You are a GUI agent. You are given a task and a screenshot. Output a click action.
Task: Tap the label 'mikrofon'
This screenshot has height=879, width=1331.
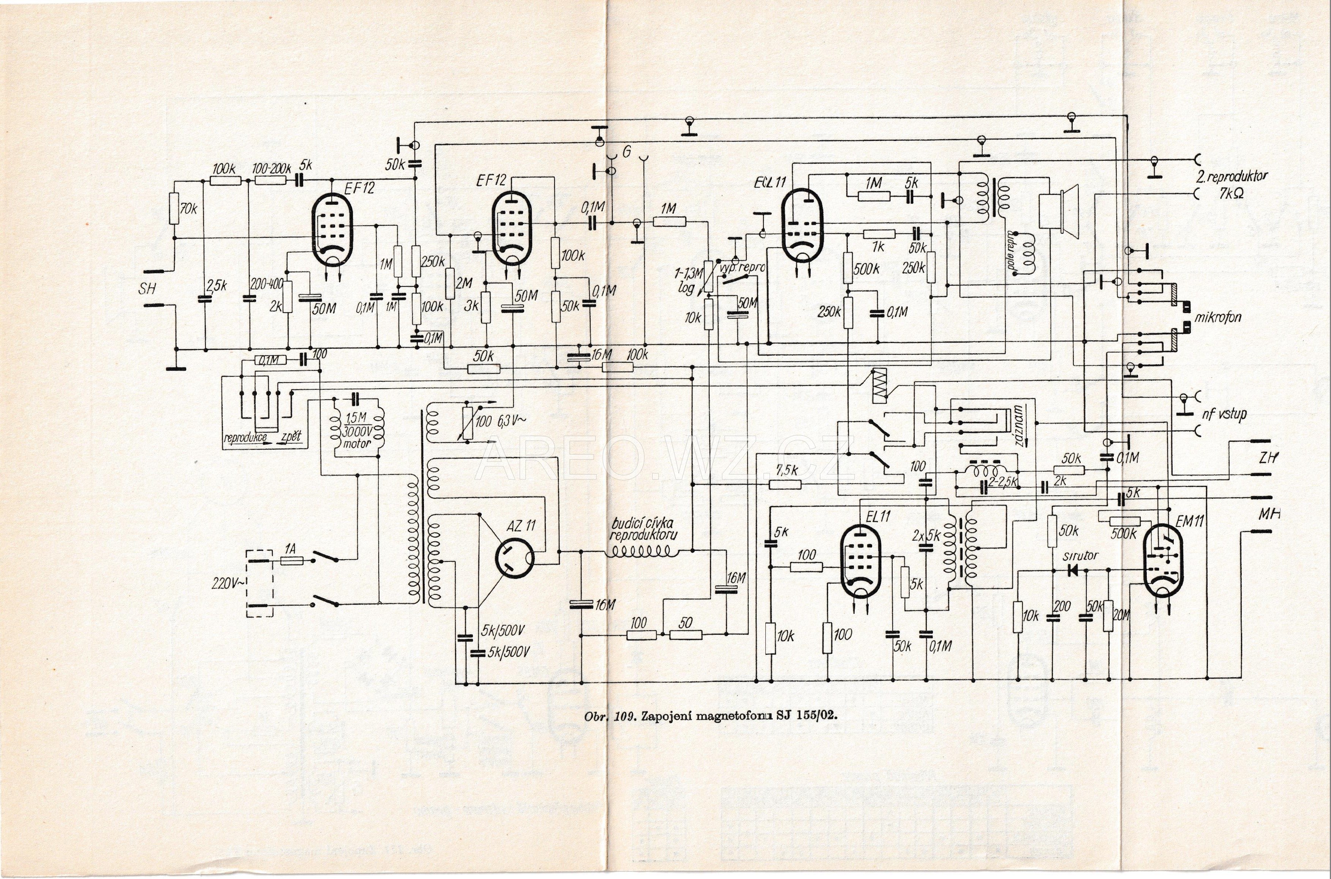tap(1218, 317)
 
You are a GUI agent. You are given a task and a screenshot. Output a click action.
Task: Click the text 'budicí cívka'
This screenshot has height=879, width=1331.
tap(643, 522)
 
